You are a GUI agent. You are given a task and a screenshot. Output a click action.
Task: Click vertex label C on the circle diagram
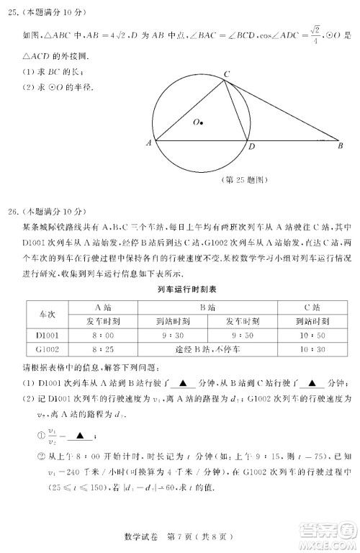(225, 73)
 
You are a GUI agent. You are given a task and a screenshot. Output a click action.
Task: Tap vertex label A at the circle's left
(148, 143)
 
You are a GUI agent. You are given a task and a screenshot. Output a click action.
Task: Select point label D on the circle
(251, 147)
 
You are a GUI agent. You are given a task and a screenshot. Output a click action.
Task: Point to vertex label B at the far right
(341, 146)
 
